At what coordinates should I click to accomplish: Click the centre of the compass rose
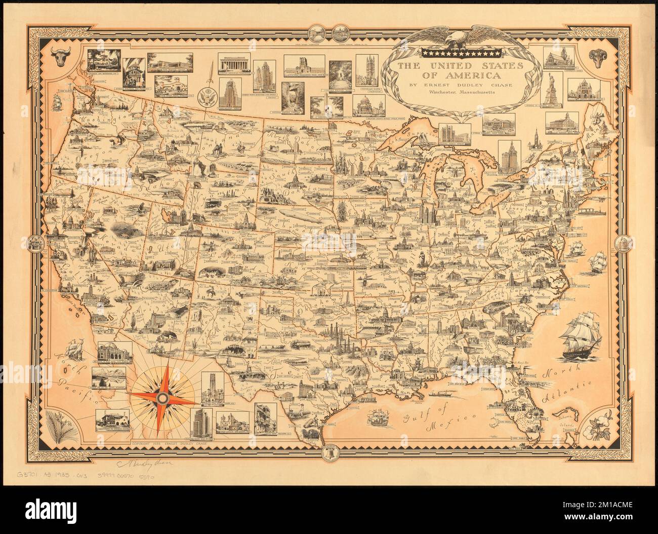pos(161,399)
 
